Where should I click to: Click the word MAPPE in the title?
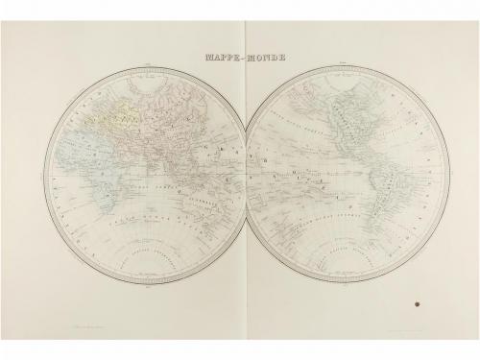pos(221,57)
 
